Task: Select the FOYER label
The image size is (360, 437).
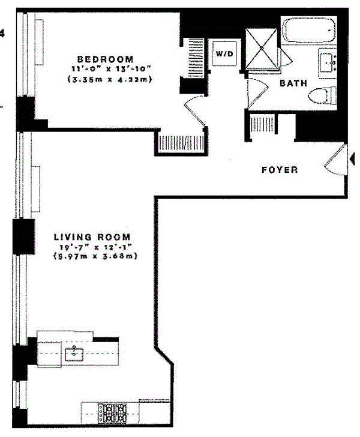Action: [280, 170]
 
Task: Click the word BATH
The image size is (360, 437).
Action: [294, 83]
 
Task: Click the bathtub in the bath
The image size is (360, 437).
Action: [310, 29]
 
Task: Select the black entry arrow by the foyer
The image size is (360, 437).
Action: [352, 158]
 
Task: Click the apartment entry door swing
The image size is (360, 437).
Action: [334, 160]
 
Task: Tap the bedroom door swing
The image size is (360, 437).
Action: [195, 111]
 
